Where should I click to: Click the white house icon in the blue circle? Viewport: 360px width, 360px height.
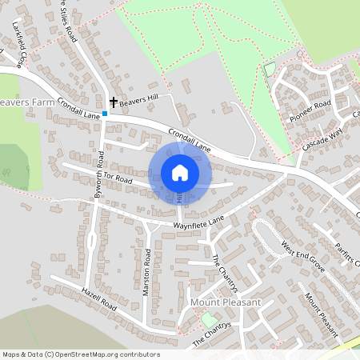180,172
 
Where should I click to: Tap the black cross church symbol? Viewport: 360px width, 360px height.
113,102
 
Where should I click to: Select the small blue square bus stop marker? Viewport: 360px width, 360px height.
104,114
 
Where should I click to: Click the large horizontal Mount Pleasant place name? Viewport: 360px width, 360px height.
226,302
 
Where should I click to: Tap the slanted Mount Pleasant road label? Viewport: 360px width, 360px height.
322,313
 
